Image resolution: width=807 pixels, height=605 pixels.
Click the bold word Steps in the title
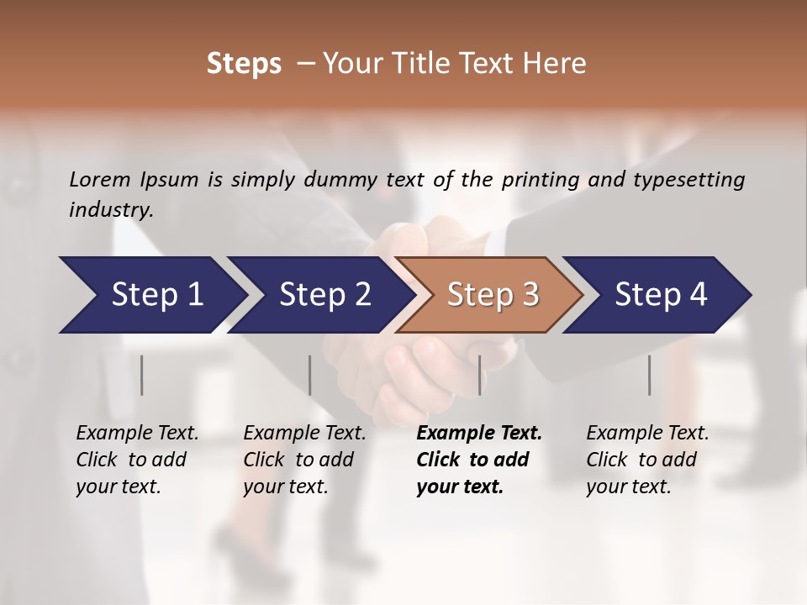(x=244, y=64)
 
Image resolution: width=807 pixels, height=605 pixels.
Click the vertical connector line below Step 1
(x=142, y=375)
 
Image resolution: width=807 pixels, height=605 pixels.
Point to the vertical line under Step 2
(x=310, y=375)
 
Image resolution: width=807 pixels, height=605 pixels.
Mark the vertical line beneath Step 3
(x=480, y=375)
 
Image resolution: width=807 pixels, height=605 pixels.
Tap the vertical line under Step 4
(x=650, y=375)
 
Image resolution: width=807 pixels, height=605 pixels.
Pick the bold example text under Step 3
(x=478, y=460)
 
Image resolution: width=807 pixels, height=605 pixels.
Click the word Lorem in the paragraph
(x=100, y=180)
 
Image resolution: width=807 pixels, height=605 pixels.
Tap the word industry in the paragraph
(x=110, y=210)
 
